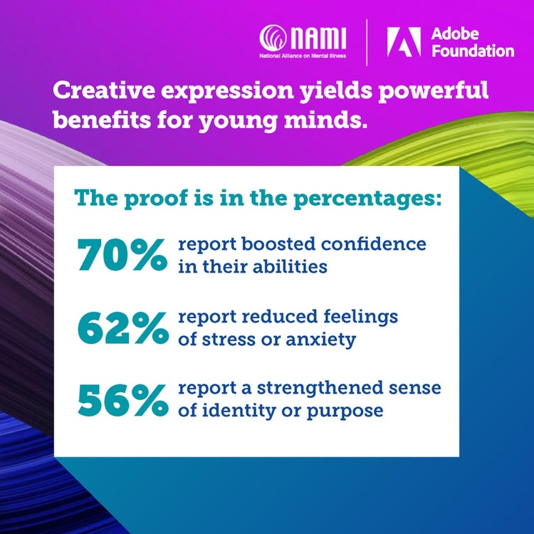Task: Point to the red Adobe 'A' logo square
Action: tap(399, 41)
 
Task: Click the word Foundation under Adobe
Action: tap(471, 51)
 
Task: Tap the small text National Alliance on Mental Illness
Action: tap(303, 54)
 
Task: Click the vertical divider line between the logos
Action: tap(367, 41)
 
